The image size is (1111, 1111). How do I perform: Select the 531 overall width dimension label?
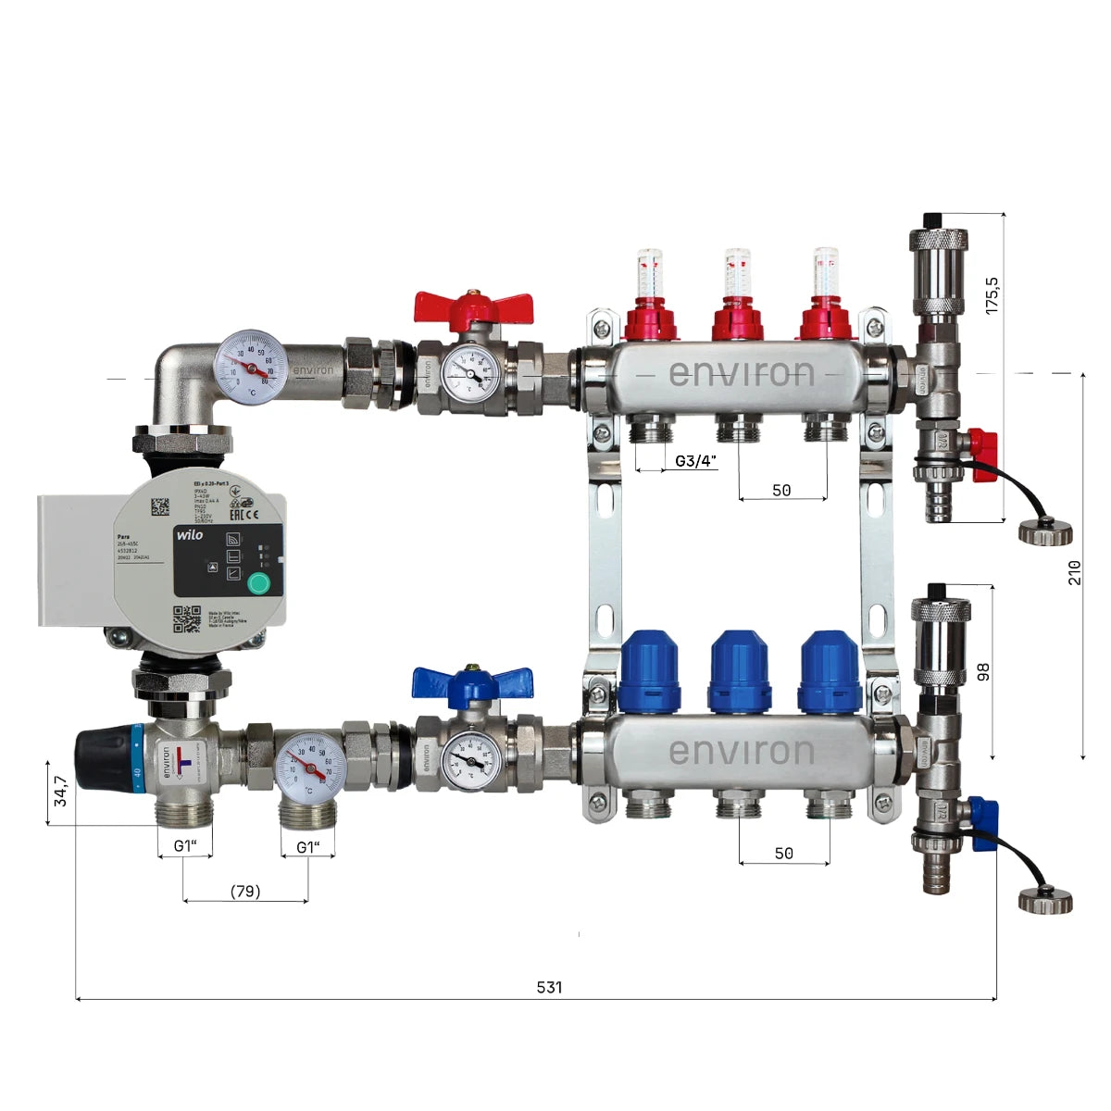549,987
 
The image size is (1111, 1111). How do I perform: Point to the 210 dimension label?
1074,571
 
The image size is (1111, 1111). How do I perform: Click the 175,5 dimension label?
992,293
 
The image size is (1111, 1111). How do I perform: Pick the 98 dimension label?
983,670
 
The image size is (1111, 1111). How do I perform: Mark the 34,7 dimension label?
60,792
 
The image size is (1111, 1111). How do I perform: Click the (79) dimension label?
245,891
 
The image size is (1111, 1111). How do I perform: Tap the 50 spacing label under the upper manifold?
781,490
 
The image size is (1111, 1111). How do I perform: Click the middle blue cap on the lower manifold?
738,671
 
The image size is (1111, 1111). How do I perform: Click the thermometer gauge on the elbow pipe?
247,368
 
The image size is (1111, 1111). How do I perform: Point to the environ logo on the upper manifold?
741,373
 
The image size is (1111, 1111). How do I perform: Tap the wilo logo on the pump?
190,535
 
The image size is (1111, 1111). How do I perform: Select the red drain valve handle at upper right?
984,454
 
